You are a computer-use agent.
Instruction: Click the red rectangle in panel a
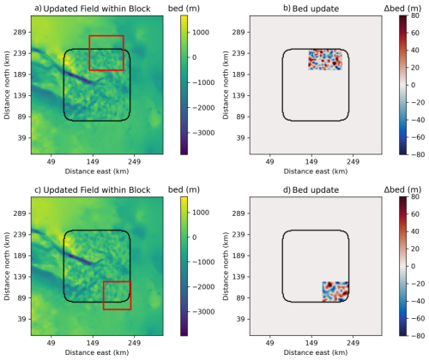pyautogui.click(x=106, y=36)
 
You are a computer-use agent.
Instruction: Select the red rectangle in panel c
pyautogui.click(x=117, y=282)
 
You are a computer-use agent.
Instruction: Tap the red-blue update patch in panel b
pyautogui.click(x=325, y=60)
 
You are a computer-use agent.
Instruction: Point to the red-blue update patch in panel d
pyautogui.click(x=335, y=291)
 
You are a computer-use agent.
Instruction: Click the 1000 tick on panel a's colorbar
pyautogui.click(x=201, y=33)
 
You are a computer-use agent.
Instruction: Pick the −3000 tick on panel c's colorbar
pyautogui.click(x=203, y=312)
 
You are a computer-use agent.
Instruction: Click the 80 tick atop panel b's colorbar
pyautogui.click(x=415, y=15)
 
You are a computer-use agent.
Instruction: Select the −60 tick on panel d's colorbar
pyautogui.click(x=418, y=318)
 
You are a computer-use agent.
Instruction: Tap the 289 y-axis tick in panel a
pyautogui.click(x=20, y=32)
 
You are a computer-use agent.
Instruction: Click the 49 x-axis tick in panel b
pyautogui.click(x=269, y=162)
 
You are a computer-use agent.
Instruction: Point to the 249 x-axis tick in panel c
pyautogui.click(x=134, y=343)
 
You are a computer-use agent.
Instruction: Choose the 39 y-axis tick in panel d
pyautogui.click(x=241, y=319)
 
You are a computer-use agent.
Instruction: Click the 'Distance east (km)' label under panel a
pyautogui.click(x=97, y=171)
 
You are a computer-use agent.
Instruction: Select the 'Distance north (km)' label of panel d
pyautogui.click(x=226, y=267)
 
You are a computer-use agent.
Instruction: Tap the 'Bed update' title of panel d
pyautogui.click(x=316, y=190)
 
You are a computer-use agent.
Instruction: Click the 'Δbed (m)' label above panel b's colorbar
pyautogui.click(x=402, y=9)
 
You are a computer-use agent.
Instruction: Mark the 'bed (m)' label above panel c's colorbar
pyautogui.click(x=184, y=189)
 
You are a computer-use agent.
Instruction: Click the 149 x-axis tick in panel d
pyautogui.click(x=311, y=343)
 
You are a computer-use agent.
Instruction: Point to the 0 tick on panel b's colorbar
pyautogui.click(x=413, y=85)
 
